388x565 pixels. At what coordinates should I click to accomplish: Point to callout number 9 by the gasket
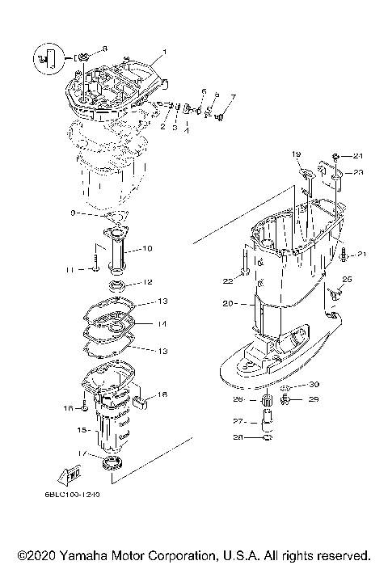pos(73,213)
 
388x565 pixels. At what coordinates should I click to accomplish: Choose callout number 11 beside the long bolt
pos(70,269)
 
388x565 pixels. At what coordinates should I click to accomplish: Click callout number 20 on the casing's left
pos(227,304)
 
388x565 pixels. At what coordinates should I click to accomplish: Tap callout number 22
pos(228,280)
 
